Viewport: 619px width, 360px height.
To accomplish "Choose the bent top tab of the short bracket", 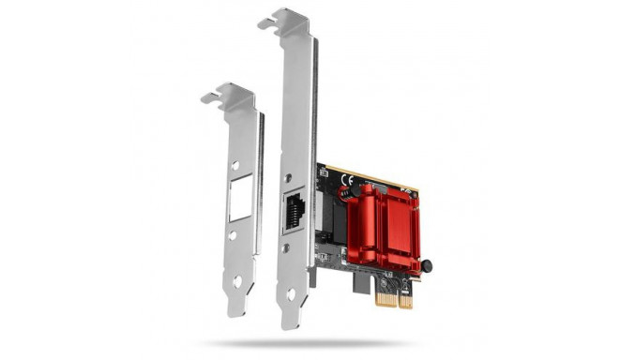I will click(x=229, y=94).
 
